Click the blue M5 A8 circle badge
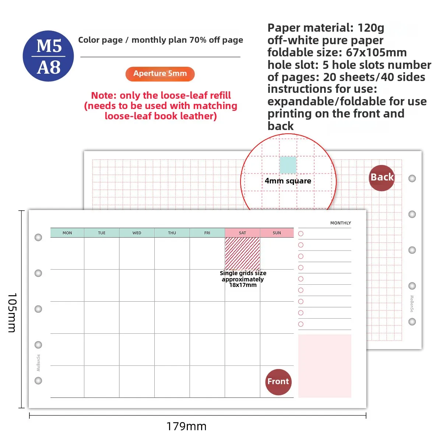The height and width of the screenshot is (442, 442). (x=48, y=56)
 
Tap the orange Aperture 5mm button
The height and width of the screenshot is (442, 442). (x=160, y=74)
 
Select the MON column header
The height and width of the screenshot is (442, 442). (x=67, y=232)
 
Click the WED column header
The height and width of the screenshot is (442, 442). (x=137, y=232)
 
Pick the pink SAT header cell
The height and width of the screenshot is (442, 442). (x=242, y=232)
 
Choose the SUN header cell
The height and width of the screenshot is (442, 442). (x=277, y=232)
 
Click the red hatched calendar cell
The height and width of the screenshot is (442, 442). (x=242, y=253)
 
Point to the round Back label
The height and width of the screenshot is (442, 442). (x=382, y=178)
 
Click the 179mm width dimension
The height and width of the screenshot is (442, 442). (x=186, y=427)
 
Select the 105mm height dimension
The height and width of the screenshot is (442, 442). (x=12, y=313)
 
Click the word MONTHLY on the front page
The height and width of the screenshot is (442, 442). (x=340, y=223)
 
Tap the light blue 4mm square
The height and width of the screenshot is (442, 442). (x=288, y=165)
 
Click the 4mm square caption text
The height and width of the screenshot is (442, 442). (x=288, y=181)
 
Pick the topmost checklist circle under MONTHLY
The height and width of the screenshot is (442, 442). (x=301, y=234)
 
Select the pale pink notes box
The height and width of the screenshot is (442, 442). (x=325, y=366)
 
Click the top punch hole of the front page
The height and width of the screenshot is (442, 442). (x=38, y=238)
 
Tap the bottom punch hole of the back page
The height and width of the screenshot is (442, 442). (x=412, y=322)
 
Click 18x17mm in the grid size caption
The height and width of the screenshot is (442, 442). (x=243, y=285)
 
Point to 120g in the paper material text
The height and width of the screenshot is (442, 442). (x=371, y=28)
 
